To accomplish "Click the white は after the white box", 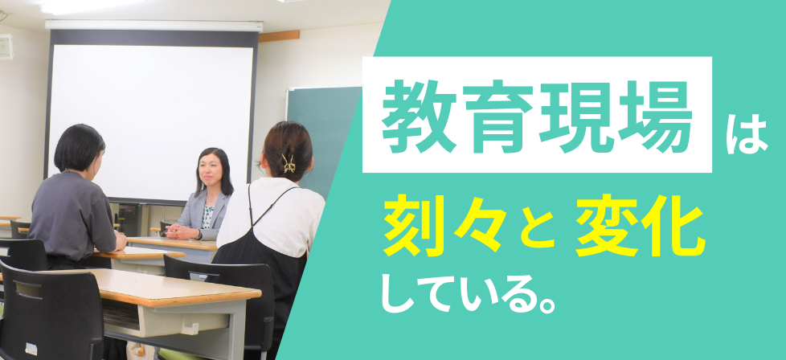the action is click(746, 135).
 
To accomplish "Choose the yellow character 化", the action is click(674, 225).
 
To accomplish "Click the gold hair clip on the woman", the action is click(289, 163).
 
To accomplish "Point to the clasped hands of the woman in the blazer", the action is click(180, 231).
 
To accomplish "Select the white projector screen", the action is click(150, 116).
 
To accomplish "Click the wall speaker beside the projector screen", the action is click(6, 47).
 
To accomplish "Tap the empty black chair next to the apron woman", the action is click(220, 301).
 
